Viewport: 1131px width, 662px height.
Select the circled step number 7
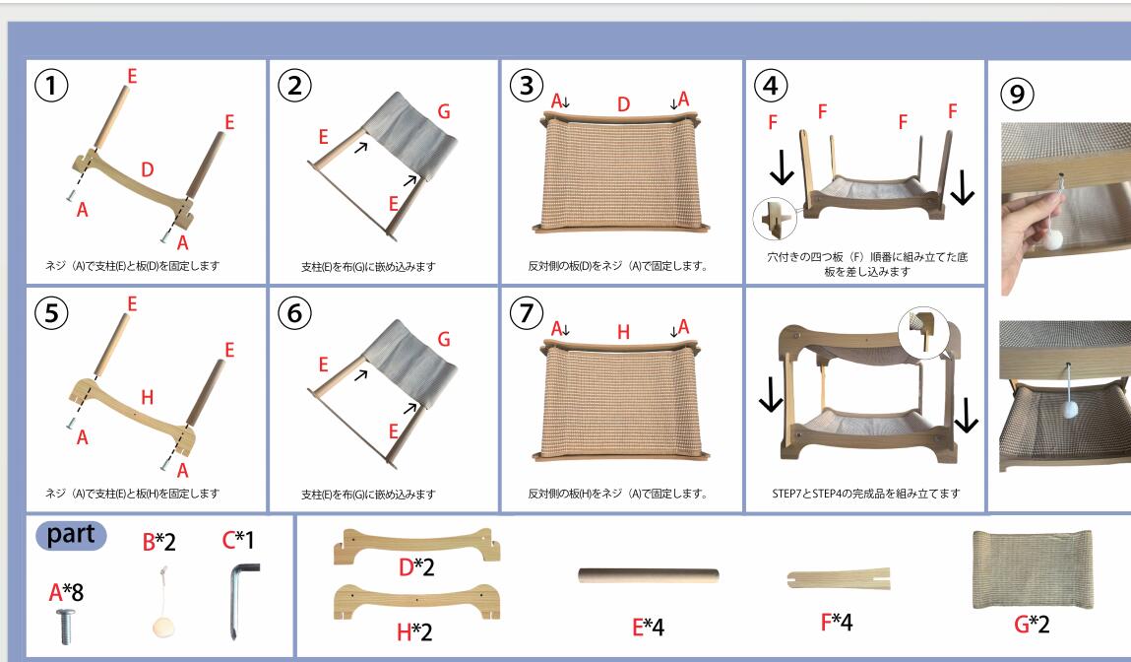coord(527,313)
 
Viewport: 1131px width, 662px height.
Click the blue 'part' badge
coord(72,535)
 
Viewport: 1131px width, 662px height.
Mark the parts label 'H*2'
coord(414,631)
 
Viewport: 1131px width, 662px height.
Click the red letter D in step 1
coord(147,170)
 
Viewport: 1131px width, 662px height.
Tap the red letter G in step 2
coord(444,112)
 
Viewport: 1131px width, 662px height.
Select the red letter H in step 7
coord(623,332)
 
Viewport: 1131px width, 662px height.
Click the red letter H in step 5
coord(147,397)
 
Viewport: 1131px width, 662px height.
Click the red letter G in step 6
coord(444,340)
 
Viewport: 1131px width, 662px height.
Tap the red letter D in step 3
coord(623,104)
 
